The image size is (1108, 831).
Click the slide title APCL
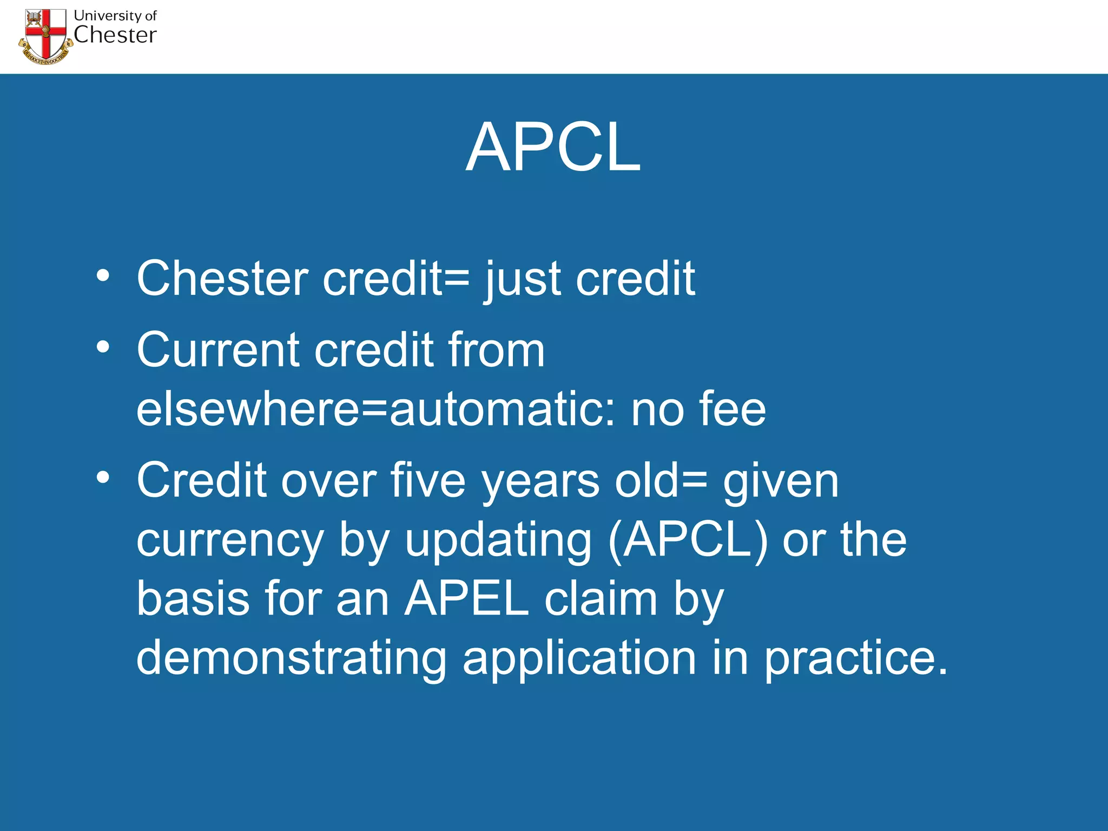(553, 147)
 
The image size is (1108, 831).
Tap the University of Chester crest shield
(46, 34)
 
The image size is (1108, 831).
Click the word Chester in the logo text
(115, 35)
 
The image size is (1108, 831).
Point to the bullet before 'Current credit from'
(103, 347)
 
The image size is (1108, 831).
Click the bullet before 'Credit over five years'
(103, 477)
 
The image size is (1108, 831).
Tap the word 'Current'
(217, 350)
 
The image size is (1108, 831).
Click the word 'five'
(427, 480)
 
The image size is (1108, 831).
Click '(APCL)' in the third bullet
(688, 540)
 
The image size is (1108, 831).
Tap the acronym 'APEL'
(466, 599)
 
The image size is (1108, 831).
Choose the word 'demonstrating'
(291, 658)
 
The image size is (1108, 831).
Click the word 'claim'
(601, 599)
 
